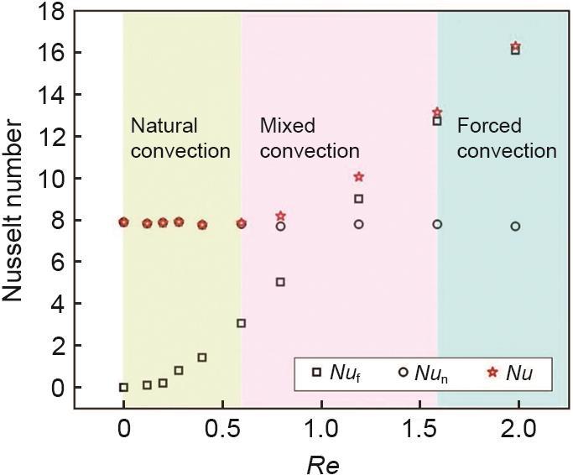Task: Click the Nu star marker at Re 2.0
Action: pos(515,46)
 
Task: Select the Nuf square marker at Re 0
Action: pos(123,387)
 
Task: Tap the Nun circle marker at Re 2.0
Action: pos(515,226)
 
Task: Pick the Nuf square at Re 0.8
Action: pos(280,282)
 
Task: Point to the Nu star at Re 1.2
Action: pos(359,176)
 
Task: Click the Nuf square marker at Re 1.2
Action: pos(359,199)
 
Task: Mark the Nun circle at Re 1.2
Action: pos(359,224)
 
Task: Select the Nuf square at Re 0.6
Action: pos(241,323)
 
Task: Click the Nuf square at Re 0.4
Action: pos(202,358)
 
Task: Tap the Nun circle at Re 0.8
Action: pos(280,226)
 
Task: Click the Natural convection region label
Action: pos(180,138)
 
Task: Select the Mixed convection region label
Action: pos(309,138)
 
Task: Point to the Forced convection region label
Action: pos(506,138)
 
